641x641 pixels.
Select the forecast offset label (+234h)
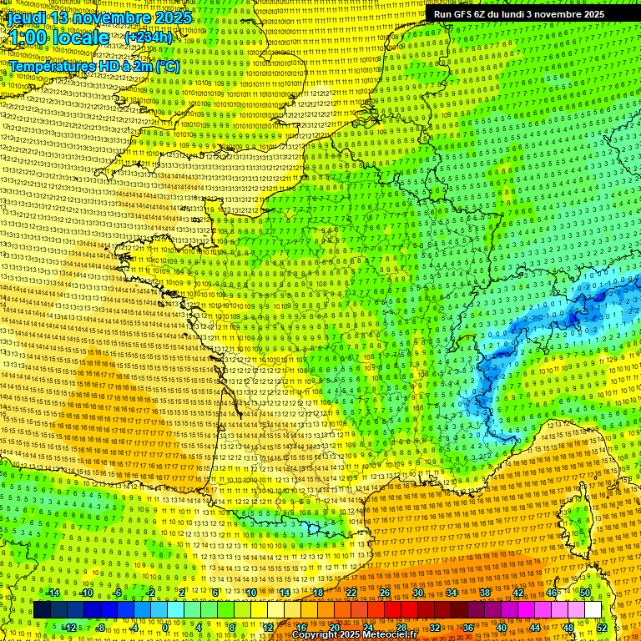coord(149,38)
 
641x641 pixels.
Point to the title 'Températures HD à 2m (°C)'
coord(93,65)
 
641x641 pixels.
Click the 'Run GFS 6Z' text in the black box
coord(464,14)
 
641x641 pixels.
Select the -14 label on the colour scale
coord(53,593)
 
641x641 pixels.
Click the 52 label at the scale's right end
coord(602,627)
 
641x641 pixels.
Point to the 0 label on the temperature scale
coord(166,627)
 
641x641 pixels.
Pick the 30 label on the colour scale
coord(417,593)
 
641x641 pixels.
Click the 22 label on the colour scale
coord(351,593)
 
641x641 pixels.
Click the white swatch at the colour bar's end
coord(593,610)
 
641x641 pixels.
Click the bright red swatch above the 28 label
coord(401,610)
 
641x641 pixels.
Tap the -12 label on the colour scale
coord(69,627)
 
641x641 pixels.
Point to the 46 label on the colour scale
coord(551,593)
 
